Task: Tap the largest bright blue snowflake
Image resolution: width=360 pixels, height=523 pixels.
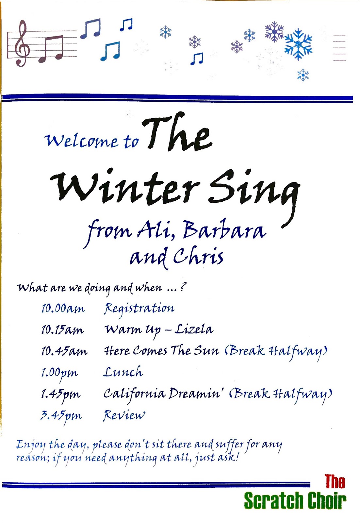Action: coord(298,44)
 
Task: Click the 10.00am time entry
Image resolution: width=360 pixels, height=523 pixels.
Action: coord(63,308)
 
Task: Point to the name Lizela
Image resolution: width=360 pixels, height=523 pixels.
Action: coord(194,329)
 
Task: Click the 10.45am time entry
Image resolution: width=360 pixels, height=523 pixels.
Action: coord(64,351)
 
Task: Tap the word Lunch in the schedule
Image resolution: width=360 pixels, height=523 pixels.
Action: coord(123,372)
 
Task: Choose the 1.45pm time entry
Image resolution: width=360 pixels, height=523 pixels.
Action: coord(61,394)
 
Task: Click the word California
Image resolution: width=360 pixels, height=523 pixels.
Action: coord(134,394)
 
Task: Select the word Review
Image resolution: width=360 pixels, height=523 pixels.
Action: coord(124,415)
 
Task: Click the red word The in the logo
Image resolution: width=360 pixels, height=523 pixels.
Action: coord(335,482)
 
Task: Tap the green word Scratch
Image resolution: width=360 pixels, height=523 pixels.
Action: coord(273,501)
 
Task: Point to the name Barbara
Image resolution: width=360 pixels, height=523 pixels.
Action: coord(224,230)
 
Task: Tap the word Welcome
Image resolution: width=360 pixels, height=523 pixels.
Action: coord(81,141)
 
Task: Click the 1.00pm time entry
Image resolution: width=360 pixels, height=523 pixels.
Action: coord(59,373)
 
